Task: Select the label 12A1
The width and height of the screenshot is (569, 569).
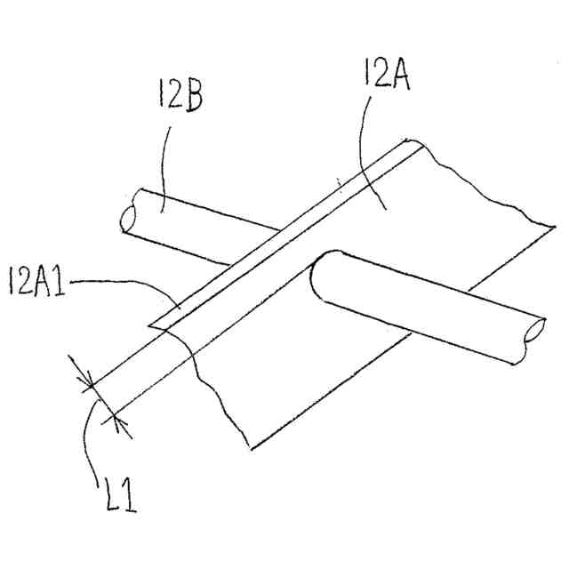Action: (x=36, y=284)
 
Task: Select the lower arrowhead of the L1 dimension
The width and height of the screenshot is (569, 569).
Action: (x=115, y=417)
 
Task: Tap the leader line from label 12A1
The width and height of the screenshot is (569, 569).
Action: (x=124, y=284)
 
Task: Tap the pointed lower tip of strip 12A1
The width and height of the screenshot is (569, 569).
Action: (x=151, y=325)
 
